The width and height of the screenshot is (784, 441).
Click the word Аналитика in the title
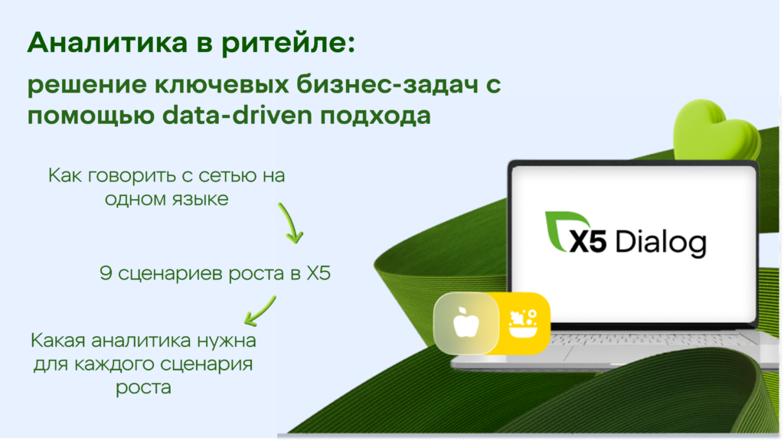click(x=107, y=42)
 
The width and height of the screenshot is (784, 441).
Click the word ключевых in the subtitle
click(x=221, y=84)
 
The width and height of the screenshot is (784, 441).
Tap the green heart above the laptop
click(x=715, y=130)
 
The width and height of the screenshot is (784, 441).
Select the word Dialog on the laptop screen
click(x=661, y=243)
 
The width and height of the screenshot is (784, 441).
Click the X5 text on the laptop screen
click(x=587, y=241)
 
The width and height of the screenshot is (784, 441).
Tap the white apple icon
click(x=466, y=323)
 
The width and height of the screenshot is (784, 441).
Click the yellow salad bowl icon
click(x=523, y=324)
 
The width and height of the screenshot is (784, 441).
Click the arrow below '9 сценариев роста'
click(x=260, y=311)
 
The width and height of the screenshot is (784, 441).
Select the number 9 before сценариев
click(x=106, y=273)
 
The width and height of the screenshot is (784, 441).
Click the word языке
click(x=201, y=200)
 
